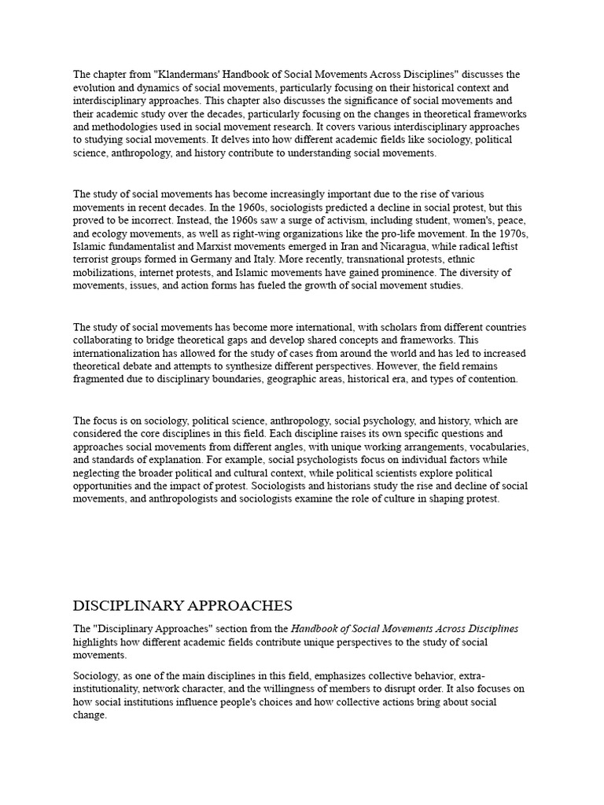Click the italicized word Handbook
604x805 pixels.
pos(316,629)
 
